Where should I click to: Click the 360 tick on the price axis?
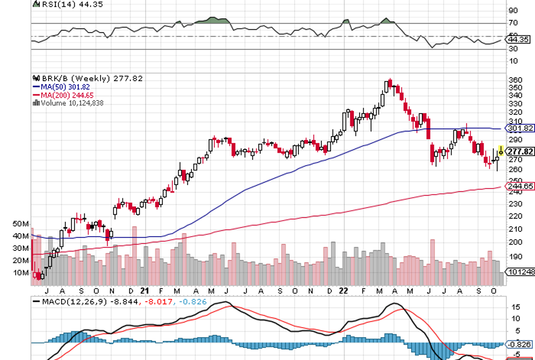click(514, 79)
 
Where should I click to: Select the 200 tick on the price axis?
click(514, 242)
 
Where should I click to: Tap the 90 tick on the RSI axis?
click(513, 10)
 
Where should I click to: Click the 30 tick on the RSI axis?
click(513, 49)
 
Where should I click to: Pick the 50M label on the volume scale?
click(21, 223)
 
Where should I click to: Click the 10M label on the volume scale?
click(21, 273)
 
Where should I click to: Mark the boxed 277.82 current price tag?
click(521, 151)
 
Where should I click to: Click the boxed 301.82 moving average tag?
click(521, 128)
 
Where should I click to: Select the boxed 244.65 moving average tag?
click(521, 186)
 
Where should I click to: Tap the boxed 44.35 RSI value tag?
click(520, 39)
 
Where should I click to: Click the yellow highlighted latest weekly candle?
click(501, 150)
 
